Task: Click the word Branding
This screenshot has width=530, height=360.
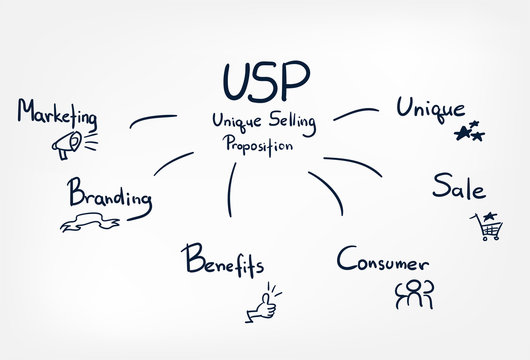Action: [x=110, y=193]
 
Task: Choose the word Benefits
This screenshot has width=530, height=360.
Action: [x=222, y=263]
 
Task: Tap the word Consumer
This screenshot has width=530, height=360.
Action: [x=383, y=262]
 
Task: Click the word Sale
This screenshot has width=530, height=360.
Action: [x=460, y=187]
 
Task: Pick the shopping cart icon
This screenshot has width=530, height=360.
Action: [x=487, y=231]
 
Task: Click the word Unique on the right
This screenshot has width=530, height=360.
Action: [x=430, y=108]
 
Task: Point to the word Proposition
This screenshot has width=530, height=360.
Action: [x=258, y=144]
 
